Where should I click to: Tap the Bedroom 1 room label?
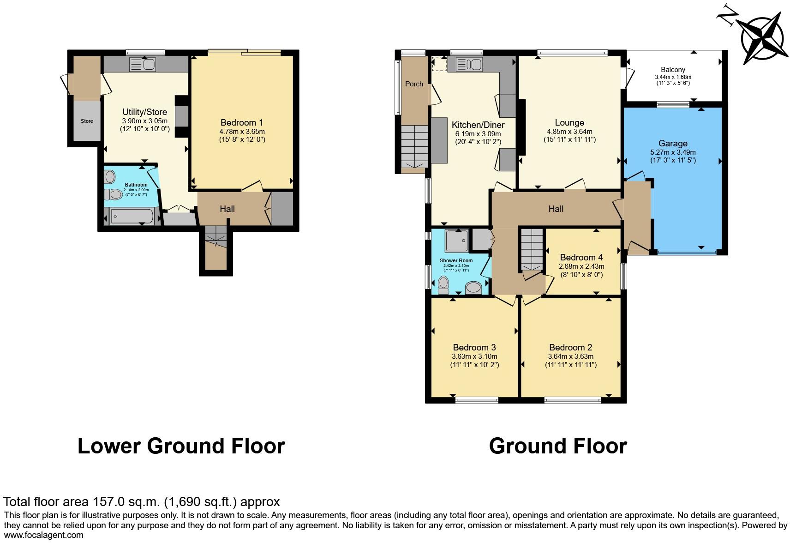241,122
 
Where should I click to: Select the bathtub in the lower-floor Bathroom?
132,216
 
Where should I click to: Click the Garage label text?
672,144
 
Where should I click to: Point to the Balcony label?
672,70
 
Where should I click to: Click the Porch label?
414,84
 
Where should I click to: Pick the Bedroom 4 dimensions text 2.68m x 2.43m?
581,266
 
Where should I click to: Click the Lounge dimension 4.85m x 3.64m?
569,132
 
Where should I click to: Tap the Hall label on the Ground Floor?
556,209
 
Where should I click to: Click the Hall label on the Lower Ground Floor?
227,209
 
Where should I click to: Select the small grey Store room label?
87,121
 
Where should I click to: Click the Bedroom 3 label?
474,347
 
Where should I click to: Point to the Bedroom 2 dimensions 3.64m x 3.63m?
570,356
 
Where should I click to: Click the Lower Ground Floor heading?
181,446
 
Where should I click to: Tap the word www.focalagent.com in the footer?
44,536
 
